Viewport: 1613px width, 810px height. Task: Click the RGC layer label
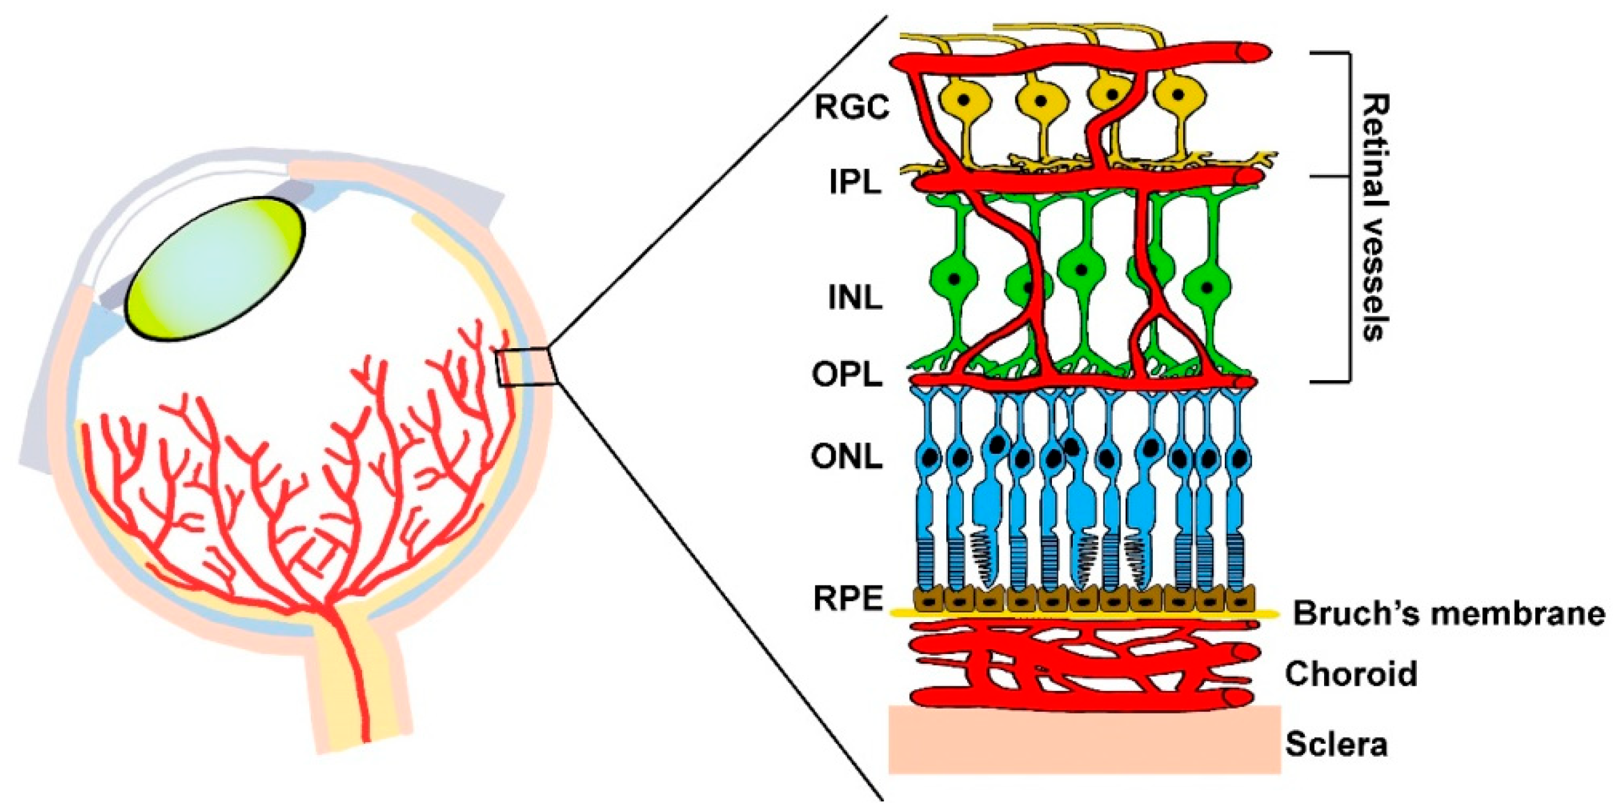(852, 108)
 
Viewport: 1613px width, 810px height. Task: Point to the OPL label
(847, 375)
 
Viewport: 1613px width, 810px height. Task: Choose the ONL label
(847, 458)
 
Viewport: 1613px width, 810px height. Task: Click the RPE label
(848, 598)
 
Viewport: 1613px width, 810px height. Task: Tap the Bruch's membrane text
(1449, 613)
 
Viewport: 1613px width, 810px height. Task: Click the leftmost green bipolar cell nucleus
(954, 278)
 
